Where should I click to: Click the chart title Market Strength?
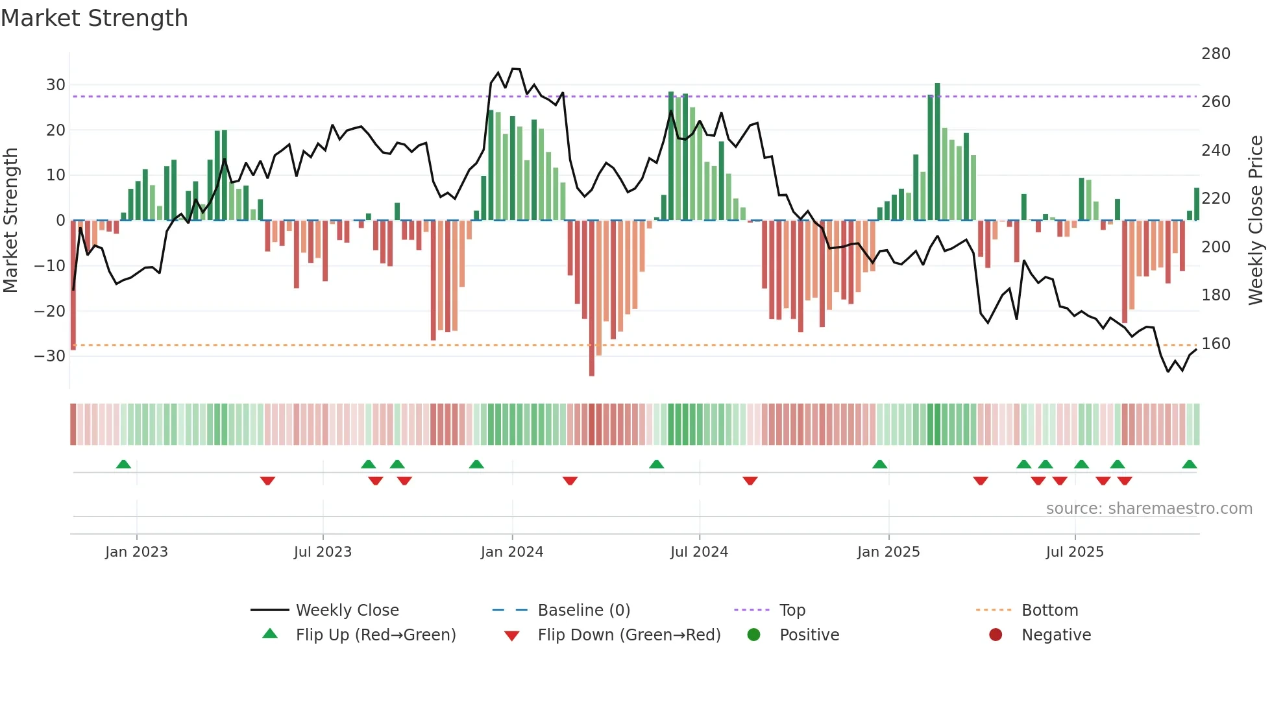[x=94, y=18]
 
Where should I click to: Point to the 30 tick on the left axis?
[x=55, y=85]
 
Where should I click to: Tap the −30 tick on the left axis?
[x=51, y=356]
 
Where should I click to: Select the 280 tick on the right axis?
[x=1216, y=54]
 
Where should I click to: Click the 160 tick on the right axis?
[x=1216, y=344]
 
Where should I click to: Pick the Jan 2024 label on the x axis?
[x=511, y=552]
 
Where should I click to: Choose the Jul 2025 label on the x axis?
[x=1074, y=552]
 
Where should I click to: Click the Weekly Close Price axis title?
[x=1256, y=221]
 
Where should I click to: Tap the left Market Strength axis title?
[x=10, y=221]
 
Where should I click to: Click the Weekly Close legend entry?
[x=347, y=611]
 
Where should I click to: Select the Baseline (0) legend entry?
[x=583, y=611]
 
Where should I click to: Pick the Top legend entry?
[x=792, y=611]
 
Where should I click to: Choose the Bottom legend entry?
[x=1049, y=611]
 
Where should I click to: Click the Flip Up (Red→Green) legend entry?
[x=375, y=635]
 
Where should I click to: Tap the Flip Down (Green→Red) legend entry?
[x=629, y=635]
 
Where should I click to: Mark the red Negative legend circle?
[x=996, y=635]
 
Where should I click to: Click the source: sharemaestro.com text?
[x=1149, y=509]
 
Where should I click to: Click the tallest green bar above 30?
[x=937, y=152]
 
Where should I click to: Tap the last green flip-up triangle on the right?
[x=1189, y=465]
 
